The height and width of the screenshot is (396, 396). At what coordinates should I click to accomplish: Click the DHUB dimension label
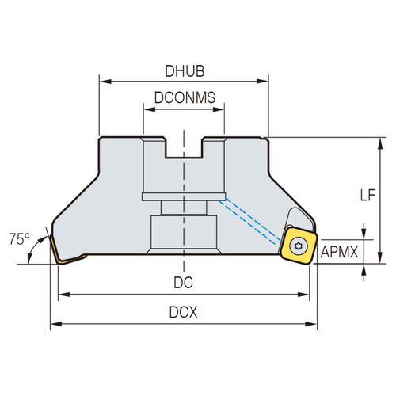pos(185,70)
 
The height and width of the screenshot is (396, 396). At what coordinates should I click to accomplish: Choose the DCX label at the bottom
pos(185,312)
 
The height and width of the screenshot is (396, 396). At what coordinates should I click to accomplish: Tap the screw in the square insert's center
pos(299,245)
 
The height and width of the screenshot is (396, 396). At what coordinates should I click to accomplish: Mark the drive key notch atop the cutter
pos(184,147)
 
